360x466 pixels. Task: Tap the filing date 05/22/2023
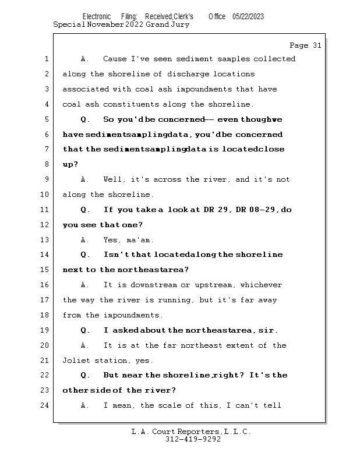pyautogui.click(x=248, y=17)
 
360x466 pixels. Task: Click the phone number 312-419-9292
pyautogui.click(x=193, y=440)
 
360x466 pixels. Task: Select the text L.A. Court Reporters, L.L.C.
pyautogui.click(x=191, y=432)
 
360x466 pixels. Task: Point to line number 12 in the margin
pyautogui.click(x=46, y=225)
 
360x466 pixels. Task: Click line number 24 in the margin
pyautogui.click(x=46, y=405)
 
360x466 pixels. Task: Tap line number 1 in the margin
pyautogui.click(x=46, y=59)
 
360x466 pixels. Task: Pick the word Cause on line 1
pyautogui.click(x=114, y=59)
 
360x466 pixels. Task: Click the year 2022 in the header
pyautogui.click(x=134, y=25)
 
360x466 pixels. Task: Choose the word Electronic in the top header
pyautogui.click(x=97, y=17)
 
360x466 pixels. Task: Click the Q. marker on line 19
pyautogui.click(x=85, y=330)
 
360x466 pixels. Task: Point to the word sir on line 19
pyautogui.click(x=266, y=330)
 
